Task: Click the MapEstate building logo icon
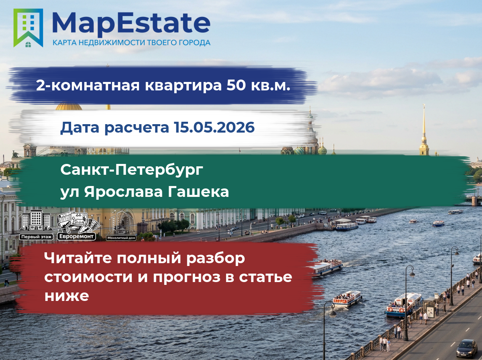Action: (28, 28)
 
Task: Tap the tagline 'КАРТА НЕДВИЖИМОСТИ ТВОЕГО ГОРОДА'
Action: (131, 43)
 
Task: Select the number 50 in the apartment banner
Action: (236, 85)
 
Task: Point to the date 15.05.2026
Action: (214, 127)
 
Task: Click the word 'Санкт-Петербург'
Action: (132, 170)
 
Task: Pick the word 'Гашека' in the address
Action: (198, 192)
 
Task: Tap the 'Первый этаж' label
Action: (37, 237)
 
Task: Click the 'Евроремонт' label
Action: (76, 236)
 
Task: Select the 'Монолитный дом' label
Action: (121, 238)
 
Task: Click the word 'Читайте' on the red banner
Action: (78, 258)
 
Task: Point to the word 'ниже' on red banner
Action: (67, 296)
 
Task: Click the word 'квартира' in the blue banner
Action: (183, 86)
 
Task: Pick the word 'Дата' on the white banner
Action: (80, 128)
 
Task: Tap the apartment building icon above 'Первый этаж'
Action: (36, 221)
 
